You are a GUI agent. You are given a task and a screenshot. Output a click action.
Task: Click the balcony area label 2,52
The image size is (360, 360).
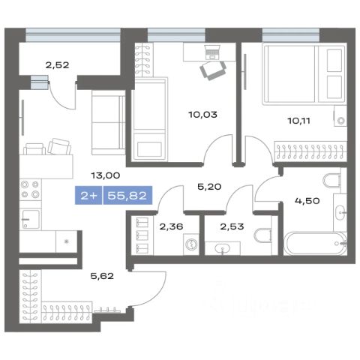pyautogui.click(x=57, y=65)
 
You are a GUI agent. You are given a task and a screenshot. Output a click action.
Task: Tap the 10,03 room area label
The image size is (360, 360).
pyautogui.click(x=202, y=115)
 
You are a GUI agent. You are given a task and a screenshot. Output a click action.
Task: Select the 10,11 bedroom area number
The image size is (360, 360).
pyautogui.click(x=299, y=121)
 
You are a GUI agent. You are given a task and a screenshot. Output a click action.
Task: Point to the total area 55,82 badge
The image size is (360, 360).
pyautogui.click(x=127, y=195)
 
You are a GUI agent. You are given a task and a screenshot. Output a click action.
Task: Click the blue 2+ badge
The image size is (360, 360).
pyautogui.click(x=88, y=195)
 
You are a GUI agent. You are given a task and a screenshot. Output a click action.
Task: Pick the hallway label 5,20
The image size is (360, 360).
pyautogui.click(x=209, y=187)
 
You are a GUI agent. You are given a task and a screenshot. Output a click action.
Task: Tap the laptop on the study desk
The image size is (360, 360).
pyautogui.click(x=212, y=52)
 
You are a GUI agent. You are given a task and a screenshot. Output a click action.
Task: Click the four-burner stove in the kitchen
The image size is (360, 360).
pyautogui.click(x=30, y=190)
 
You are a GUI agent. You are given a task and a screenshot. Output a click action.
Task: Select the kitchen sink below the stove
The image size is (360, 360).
pyautogui.click(x=31, y=219)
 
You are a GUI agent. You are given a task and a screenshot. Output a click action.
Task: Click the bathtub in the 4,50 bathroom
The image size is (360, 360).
pyautogui.click(x=316, y=244)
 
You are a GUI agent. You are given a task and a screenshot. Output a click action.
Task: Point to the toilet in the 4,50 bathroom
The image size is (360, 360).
pyautogui.click(x=333, y=181)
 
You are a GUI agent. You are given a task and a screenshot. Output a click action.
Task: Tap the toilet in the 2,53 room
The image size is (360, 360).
pyautogui.click(x=263, y=235)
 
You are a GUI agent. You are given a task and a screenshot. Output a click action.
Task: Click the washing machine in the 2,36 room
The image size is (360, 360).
pyautogui.click(x=191, y=244)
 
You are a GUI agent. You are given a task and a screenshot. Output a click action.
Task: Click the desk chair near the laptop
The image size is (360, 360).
pyautogui.click(x=213, y=70)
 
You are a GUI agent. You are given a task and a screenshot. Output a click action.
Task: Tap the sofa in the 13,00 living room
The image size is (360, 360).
pyautogui.click(x=109, y=122)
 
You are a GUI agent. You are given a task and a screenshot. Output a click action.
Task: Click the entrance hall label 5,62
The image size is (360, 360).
pyautogui.click(x=102, y=276)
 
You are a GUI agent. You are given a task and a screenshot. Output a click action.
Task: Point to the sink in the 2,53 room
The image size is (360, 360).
pyautogui.click(x=223, y=248)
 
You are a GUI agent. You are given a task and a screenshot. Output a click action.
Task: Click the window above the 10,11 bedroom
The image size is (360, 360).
pyautogui.click(x=291, y=34)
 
